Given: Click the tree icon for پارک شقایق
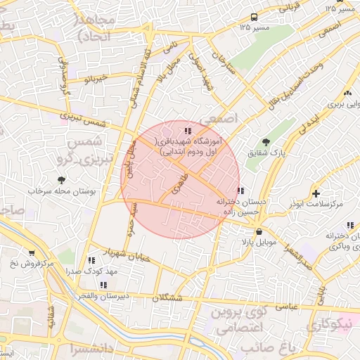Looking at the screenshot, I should (x=265, y=142).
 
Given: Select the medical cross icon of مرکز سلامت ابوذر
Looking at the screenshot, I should (x=316, y=193).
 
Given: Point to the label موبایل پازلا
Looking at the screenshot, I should (x=260, y=242).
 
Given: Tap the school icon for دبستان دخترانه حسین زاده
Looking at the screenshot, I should (x=241, y=190).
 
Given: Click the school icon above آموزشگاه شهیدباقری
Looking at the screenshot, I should (x=187, y=131).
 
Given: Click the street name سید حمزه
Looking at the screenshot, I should (x=131, y=220).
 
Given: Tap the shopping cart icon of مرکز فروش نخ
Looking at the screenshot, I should (x=32, y=253).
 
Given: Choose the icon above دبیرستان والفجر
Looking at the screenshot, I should (x=103, y=285).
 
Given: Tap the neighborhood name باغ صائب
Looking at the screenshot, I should (x=263, y=348).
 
